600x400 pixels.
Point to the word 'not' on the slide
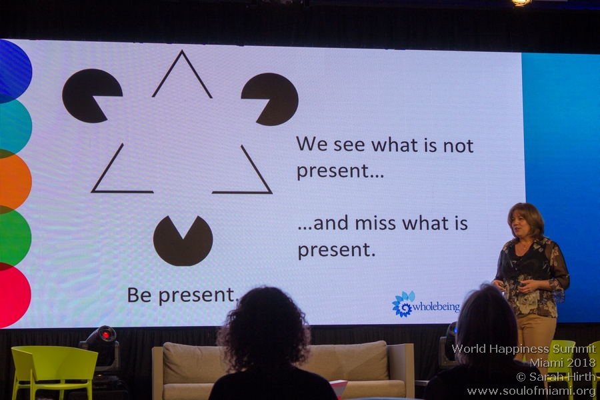[x=458, y=146]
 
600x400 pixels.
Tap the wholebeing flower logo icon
[x=403, y=304]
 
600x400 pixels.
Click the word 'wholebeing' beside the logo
[x=436, y=307]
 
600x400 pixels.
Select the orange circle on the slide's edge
[x=15, y=181]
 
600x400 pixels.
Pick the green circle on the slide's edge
[x=15, y=237]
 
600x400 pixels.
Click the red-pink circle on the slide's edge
[x=15, y=295]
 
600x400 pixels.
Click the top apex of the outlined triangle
[x=182, y=51]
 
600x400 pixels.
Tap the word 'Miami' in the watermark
[x=545, y=363]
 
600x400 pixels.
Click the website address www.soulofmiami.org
[x=531, y=391]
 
